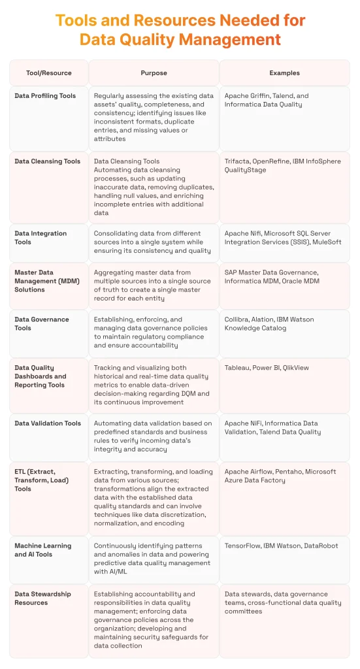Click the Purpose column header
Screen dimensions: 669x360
[x=154, y=73]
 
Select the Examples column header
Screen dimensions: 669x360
[x=284, y=73]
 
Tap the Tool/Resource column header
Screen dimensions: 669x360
[x=49, y=73]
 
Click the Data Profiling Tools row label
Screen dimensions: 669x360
[x=45, y=96]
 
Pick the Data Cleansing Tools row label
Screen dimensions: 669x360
[x=47, y=161]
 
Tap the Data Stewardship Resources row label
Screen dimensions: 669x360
[x=44, y=598]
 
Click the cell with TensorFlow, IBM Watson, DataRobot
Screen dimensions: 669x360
[x=282, y=546]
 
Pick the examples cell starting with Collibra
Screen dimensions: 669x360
[x=269, y=323]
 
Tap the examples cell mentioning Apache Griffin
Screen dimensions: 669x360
[x=267, y=100]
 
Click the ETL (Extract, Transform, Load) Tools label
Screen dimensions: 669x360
[x=43, y=480]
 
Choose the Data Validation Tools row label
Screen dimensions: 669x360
[x=48, y=423]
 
